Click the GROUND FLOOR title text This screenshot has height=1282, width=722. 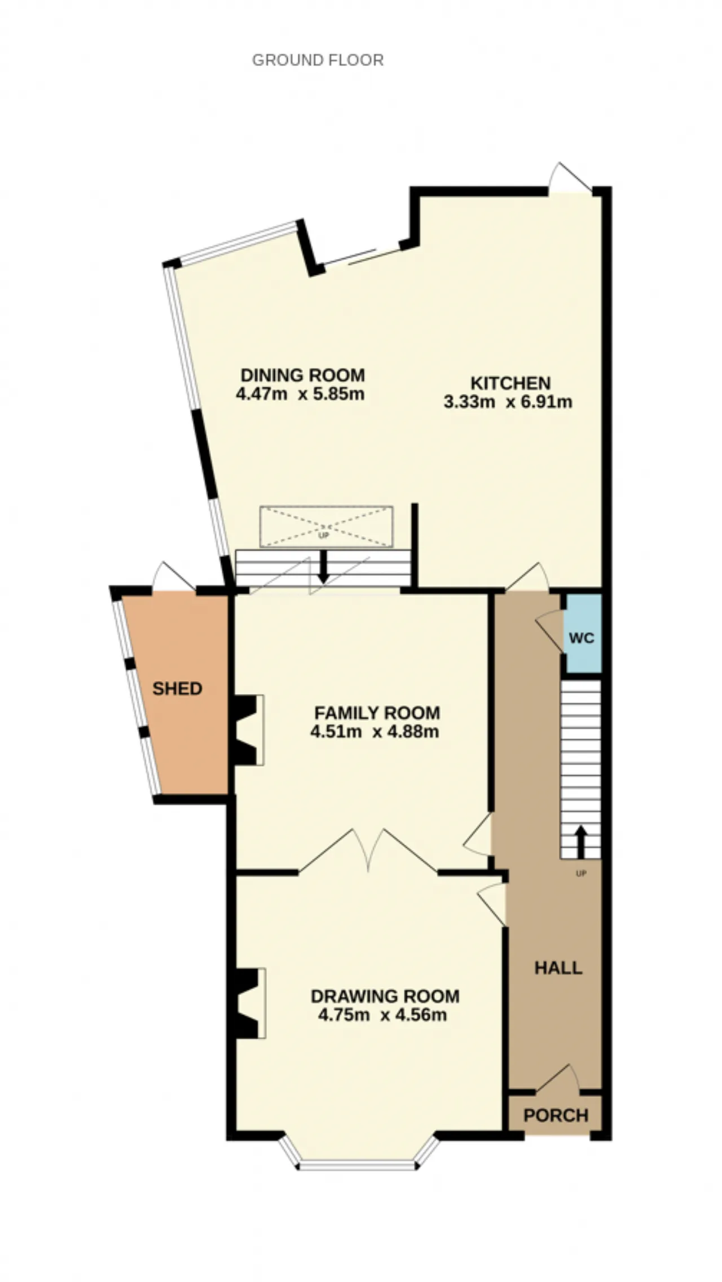318,60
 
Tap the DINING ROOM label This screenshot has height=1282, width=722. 303,375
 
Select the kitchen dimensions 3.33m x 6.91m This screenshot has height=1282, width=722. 508,402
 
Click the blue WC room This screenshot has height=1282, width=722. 583,633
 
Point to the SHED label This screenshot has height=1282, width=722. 177,688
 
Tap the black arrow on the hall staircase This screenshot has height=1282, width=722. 580,842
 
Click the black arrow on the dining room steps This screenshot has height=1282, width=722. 323,566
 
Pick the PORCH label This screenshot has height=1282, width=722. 556,1115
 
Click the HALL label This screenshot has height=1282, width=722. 558,968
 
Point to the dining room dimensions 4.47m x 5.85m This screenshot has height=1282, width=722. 300,393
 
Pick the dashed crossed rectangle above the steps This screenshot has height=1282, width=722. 326,526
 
